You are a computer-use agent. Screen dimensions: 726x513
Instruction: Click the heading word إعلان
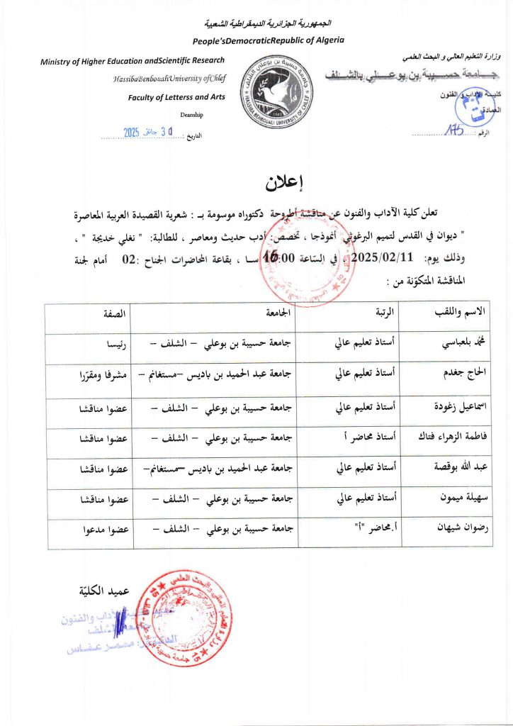[284, 182]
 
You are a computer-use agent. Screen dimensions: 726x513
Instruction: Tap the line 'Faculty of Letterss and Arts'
[176, 97]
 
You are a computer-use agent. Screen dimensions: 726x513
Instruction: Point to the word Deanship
[191, 114]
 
